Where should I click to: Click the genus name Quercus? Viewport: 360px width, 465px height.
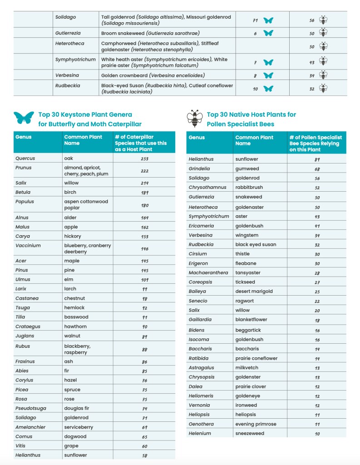pos(25,158)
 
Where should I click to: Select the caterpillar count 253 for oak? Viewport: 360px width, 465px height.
pos(144,158)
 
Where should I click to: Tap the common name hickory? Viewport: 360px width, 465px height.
pos(73,236)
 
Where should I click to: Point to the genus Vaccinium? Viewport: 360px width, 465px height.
pos(28,245)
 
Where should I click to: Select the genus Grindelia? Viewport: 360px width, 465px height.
pos(199,168)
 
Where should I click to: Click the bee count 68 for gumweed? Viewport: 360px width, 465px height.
pos(317,168)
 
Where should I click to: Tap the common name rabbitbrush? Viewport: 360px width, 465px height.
pos(249,187)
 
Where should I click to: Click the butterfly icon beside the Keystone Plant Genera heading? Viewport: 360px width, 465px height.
pos(24,118)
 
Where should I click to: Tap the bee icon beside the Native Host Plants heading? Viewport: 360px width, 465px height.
pos(194,118)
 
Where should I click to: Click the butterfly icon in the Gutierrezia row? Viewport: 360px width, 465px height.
pos(268,33)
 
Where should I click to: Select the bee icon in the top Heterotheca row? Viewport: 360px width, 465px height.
pos(323,46)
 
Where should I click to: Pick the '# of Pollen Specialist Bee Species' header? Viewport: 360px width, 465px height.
pos(316,143)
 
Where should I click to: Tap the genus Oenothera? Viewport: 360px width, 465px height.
pos(201,424)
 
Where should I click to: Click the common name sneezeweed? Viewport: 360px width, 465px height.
pos(250,433)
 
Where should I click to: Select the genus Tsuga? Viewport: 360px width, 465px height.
pos(22,307)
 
